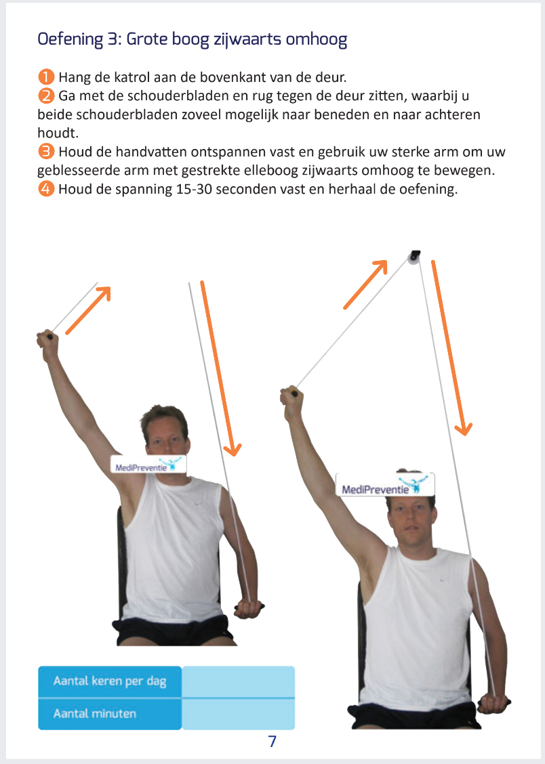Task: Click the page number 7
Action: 272,741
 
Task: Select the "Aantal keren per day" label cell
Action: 110,681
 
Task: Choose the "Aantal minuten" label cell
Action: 110,713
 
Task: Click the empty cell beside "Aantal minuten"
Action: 238,713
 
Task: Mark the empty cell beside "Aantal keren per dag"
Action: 238,681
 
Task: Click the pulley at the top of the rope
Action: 413,257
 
